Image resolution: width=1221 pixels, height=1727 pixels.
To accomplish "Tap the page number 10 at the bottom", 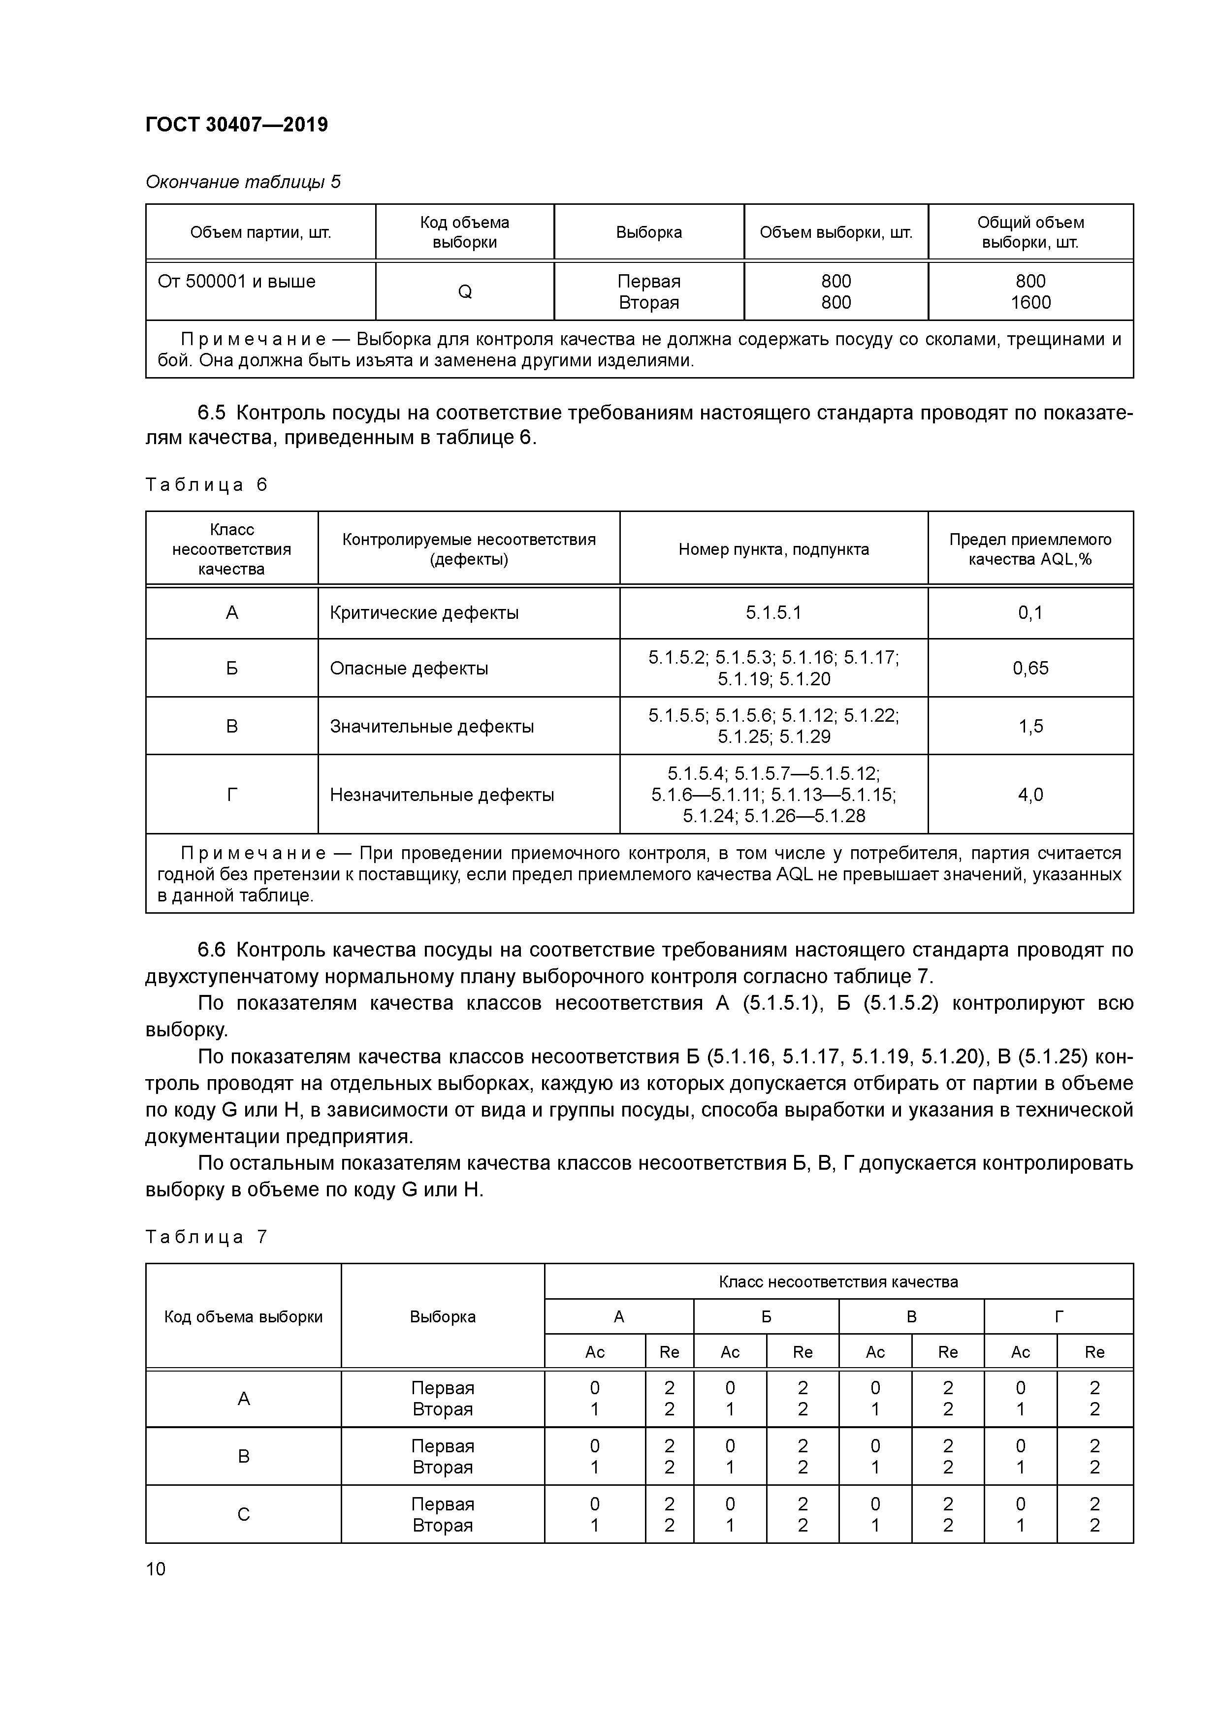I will (x=156, y=1568).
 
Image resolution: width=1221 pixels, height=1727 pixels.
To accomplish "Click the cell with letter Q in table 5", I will (x=464, y=292).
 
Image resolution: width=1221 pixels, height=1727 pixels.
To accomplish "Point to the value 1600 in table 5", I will (x=1030, y=302).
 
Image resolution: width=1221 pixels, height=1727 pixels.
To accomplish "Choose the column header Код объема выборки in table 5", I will (x=464, y=232).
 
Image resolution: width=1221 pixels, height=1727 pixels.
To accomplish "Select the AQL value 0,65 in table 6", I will (x=1030, y=668).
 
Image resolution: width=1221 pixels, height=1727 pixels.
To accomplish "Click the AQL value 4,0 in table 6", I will (x=1030, y=794).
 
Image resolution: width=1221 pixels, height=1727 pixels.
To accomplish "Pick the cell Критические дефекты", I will (x=424, y=613).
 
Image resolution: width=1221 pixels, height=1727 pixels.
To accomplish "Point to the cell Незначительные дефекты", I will (x=442, y=794).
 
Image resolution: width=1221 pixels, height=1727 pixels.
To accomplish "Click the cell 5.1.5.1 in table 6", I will (x=773, y=613).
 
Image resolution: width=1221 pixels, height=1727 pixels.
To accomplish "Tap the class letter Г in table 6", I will (x=232, y=794).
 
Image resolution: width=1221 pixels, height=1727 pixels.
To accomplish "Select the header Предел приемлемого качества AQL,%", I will (x=1030, y=549).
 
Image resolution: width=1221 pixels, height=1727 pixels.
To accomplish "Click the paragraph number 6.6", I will (x=211, y=950).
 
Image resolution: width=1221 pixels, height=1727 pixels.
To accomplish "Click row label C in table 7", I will (x=243, y=1514).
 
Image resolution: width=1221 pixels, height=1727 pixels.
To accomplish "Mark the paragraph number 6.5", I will (x=211, y=413).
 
